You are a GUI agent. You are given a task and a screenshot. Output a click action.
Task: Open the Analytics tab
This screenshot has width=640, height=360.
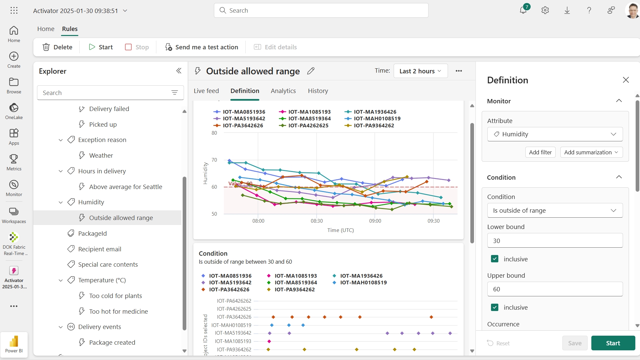click(x=283, y=91)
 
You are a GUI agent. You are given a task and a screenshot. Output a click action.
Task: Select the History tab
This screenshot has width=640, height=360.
click(x=318, y=91)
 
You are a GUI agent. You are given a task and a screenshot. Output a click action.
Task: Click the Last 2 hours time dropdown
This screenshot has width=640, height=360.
click(x=420, y=71)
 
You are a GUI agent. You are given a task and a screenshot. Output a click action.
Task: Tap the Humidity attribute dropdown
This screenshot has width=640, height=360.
click(x=555, y=134)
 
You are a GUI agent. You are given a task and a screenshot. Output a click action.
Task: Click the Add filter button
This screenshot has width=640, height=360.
click(x=540, y=152)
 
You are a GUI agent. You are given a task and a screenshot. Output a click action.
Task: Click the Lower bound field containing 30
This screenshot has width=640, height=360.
click(x=555, y=241)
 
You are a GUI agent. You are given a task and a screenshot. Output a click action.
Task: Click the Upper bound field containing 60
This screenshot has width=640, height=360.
click(x=555, y=289)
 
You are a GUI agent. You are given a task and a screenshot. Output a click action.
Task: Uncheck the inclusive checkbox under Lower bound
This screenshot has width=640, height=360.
click(x=495, y=259)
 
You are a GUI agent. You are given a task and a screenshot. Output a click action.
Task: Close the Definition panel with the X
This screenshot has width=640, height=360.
click(x=626, y=80)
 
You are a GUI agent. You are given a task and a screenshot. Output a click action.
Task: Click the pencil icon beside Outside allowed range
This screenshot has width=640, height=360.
click(x=311, y=71)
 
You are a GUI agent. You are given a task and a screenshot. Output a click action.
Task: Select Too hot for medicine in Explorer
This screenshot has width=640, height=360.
click(x=118, y=311)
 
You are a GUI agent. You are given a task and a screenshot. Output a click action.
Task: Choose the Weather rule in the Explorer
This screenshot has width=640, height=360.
click(x=101, y=155)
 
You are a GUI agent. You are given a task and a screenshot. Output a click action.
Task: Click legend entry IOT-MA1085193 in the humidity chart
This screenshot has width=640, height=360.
click(x=309, y=112)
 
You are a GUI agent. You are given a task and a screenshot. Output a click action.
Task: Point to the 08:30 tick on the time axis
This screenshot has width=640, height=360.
click(x=317, y=221)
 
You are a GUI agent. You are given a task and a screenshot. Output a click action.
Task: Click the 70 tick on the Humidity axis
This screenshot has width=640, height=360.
click(x=214, y=160)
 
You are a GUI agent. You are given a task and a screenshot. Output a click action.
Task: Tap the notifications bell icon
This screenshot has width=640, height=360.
click(x=523, y=10)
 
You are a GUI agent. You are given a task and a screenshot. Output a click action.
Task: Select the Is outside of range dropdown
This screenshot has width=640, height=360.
click(x=555, y=210)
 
